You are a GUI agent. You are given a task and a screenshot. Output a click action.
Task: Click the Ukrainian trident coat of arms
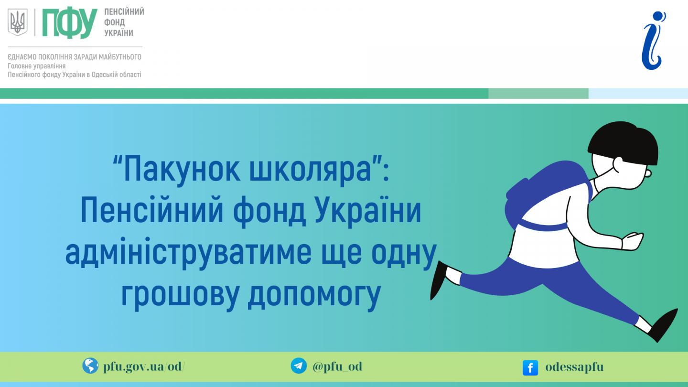coord(18,22)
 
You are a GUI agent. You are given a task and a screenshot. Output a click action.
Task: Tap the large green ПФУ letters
coord(70,23)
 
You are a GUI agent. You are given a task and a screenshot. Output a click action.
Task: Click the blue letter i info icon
coord(653,41)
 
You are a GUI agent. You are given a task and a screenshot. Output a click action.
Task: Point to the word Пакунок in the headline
coord(182,170)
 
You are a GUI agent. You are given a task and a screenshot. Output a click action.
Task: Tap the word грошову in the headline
coord(180,294)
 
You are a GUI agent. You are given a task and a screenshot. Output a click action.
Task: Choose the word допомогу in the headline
coord(314,294)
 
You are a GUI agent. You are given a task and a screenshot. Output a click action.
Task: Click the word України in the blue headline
coord(368,210)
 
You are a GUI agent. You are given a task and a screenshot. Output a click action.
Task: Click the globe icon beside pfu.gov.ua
coord(90,365)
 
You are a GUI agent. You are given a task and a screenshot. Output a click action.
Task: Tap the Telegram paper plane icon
coord(299,365)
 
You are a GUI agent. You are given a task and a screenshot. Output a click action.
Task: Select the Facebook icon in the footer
coord(530,368)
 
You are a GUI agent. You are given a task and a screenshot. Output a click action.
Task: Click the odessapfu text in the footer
coord(574,367)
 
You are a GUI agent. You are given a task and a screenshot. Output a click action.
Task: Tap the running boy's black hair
coord(623,142)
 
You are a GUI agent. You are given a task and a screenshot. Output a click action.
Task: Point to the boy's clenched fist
coord(633,241)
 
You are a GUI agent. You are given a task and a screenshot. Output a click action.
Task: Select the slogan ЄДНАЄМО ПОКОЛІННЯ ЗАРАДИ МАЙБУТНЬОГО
coord(75,57)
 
